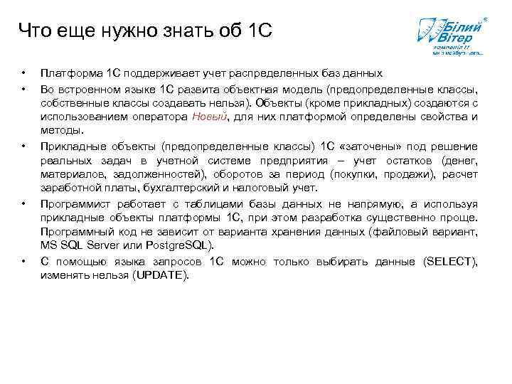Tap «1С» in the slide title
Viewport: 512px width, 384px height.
[x=257, y=31]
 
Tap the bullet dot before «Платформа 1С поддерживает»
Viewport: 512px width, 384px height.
[x=23, y=74]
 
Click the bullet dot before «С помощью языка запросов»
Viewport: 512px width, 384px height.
[x=23, y=262]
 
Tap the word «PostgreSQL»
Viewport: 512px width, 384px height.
[x=179, y=245]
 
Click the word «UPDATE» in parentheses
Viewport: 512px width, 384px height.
[x=162, y=276]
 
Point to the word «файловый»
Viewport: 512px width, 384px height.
[x=401, y=232]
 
